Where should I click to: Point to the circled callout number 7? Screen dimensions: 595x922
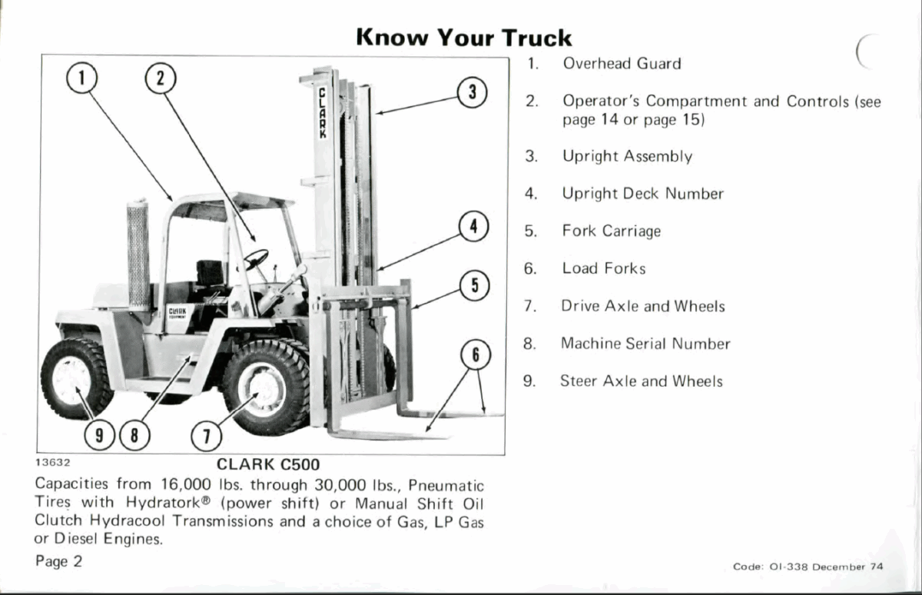coord(205,437)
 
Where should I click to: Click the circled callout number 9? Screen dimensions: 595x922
coord(98,437)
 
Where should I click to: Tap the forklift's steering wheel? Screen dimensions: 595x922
coord(255,259)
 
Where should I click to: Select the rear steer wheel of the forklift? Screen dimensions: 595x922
coord(74,379)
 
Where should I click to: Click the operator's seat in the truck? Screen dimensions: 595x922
coord(209,274)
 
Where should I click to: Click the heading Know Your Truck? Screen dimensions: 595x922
coord(464,37)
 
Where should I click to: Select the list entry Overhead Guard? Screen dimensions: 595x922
coord(622,64)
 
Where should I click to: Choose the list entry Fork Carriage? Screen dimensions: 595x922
coord(611,231)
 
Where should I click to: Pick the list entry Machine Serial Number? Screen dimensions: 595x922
coord(645,344)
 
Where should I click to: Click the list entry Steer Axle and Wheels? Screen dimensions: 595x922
coord(641,381)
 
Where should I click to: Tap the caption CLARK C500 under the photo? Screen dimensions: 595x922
coord(267,464)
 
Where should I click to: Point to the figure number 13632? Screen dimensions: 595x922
coord(53,463)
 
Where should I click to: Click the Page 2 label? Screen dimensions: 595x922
coord(58,560)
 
